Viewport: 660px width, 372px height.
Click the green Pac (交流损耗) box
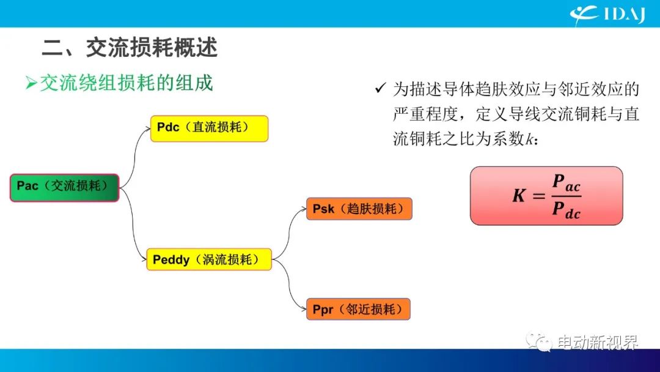pos(64,187)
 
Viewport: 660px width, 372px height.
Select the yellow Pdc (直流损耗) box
pos(209,128)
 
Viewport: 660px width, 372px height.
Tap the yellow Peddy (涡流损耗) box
pos(208,259)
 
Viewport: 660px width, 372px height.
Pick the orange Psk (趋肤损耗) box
pos(359,209)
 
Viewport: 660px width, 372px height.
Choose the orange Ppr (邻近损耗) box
pos(358,310)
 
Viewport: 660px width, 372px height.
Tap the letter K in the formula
pos(518,196)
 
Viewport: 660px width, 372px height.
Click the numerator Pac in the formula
pos(566,183)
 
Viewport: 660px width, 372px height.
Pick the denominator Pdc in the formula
pos(566,210)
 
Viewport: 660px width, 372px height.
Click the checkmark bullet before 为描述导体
pos(380,90)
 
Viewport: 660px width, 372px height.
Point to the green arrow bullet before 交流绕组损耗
pos(32,83)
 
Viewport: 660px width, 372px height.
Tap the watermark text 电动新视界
pos(596,341)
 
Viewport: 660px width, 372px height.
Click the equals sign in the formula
pos(538,196)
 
